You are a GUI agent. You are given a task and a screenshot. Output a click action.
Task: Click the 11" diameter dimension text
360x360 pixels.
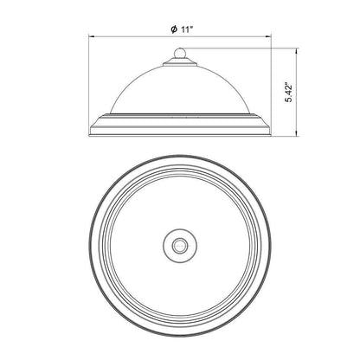click(x=187, y=29)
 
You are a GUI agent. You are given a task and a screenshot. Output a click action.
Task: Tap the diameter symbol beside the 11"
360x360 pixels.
click(x=174, y=29)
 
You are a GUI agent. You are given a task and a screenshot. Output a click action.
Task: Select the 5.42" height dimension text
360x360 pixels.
click(x=288, y=93)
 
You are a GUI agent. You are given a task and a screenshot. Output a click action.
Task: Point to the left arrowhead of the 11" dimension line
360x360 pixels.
click(x=91, y=36)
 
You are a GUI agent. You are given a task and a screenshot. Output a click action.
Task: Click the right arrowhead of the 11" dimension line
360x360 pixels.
click(x=269, y=36)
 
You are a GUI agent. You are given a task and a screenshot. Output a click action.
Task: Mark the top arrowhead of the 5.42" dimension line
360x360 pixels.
click(x=297, y=51)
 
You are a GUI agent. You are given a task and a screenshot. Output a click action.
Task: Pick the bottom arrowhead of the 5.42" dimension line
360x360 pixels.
click(x=297, y=134)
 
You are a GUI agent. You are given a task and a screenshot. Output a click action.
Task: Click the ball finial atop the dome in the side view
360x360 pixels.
click(x=180, y=53)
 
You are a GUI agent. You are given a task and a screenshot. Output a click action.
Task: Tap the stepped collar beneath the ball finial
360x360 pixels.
click(x=180, y=61)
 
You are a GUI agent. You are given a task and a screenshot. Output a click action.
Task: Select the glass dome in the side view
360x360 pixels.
click(x=180, y=89)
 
